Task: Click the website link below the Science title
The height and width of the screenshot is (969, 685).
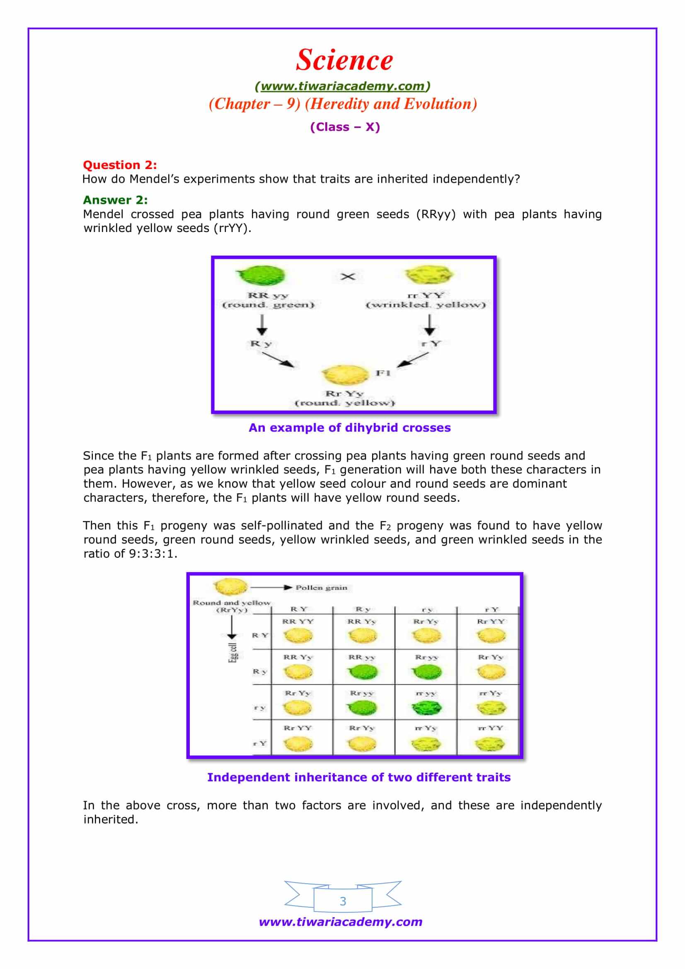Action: click(x=342, y=86)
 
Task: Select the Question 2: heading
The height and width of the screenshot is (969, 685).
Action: click(x=119, y=164)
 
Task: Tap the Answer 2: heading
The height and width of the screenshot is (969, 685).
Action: click(x=115, y=200)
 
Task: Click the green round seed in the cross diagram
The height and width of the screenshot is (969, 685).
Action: click(x=261, y=275)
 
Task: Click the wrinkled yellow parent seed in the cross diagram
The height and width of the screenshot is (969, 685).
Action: click(x=429, y=275)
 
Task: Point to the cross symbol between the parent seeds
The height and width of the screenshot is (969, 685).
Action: click(x=348, y=277)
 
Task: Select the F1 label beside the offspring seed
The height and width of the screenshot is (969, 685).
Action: click(x=383, y=373)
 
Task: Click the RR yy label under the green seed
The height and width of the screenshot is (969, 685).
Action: click(x=268, y=295)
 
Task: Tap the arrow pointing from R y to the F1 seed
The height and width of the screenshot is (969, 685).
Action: click(x=278, y=359)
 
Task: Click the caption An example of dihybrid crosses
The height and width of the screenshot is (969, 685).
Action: click(x=349, y=428)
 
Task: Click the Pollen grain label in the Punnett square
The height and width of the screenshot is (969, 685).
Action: click(x=321, y=587)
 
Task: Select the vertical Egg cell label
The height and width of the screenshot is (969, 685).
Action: click(x=233, y=653)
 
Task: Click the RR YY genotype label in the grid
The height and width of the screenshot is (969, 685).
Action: click(x=298, y=621)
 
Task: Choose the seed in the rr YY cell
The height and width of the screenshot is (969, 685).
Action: click(x=489, y=744)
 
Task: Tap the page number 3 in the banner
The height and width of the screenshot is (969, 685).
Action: click(x=343, y=901)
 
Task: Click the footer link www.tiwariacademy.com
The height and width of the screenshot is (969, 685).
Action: click(x=341, y=922)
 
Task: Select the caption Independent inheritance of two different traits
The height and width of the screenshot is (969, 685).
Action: click(x=359, y=777)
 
